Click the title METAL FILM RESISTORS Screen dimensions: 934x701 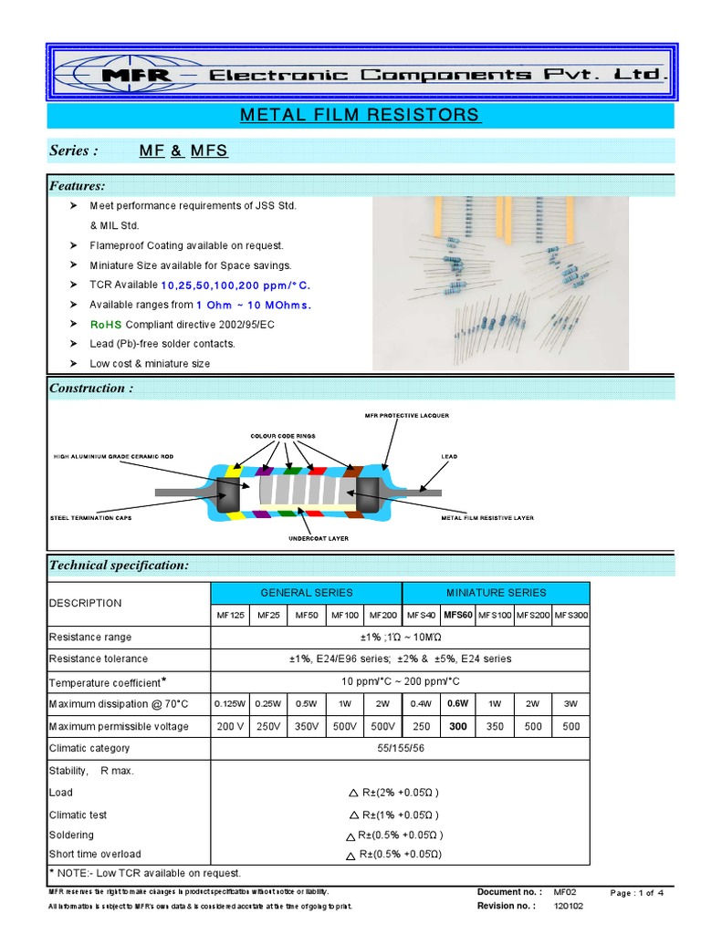click(359, 115)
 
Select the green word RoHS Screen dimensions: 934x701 click(105, 324)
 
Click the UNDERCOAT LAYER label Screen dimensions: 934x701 click(319, 538)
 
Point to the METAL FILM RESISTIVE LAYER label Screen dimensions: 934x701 click(487, 518)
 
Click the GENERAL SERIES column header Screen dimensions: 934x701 click(307, 592)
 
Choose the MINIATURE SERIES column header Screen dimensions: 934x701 click(496, 592)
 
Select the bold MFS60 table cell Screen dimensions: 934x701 click(458, 616)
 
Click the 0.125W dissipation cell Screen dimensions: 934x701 click(229, 703)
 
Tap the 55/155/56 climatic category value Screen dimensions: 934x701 click(401, 748)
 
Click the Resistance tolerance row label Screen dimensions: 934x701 click(98, 659)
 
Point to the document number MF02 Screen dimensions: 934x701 click(566, 892)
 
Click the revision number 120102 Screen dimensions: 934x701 click(570, 907)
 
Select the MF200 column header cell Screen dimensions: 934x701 click(383, 616)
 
